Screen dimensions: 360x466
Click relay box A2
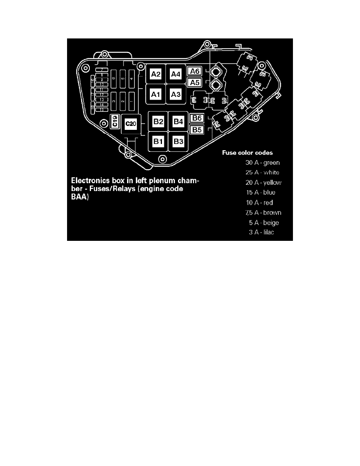tap(156, 74)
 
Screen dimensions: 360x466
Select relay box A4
tap(176, 74)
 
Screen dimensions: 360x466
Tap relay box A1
tap(156, 94)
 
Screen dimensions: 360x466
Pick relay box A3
tap(176, 94)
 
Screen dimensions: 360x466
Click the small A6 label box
tap(195, 71)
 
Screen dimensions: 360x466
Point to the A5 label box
tap(195, 82)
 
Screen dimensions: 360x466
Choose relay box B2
tap(158, 121)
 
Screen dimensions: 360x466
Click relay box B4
tap(178, 121)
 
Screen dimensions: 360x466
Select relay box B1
tap(158, 141)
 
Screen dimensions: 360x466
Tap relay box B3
tap(178, 141)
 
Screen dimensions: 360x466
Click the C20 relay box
tap(130, 124)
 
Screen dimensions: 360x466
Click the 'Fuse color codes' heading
tap(247, 153)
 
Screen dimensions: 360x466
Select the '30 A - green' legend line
tap(262, 162)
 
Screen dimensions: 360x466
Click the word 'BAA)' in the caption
tap(80, 198)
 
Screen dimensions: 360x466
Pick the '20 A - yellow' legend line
tap(263, 183)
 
